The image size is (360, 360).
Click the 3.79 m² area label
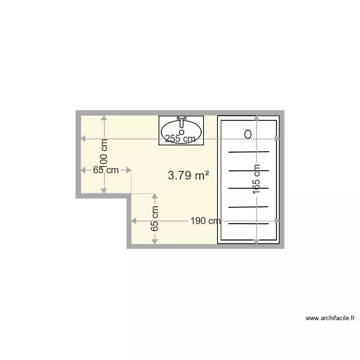(188, 176)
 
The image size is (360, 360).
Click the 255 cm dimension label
(180, 139)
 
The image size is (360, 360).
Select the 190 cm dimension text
(205, 221)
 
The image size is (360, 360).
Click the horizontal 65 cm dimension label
(106, 170)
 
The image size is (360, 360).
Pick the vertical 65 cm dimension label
(155, 219)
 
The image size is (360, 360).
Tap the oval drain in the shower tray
(248, 134)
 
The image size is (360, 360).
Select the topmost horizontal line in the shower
(249, 152)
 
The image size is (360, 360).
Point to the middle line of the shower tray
(249, 188)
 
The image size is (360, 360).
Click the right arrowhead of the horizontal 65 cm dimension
(128, 170)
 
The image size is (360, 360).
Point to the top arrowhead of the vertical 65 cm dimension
(155, 197)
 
